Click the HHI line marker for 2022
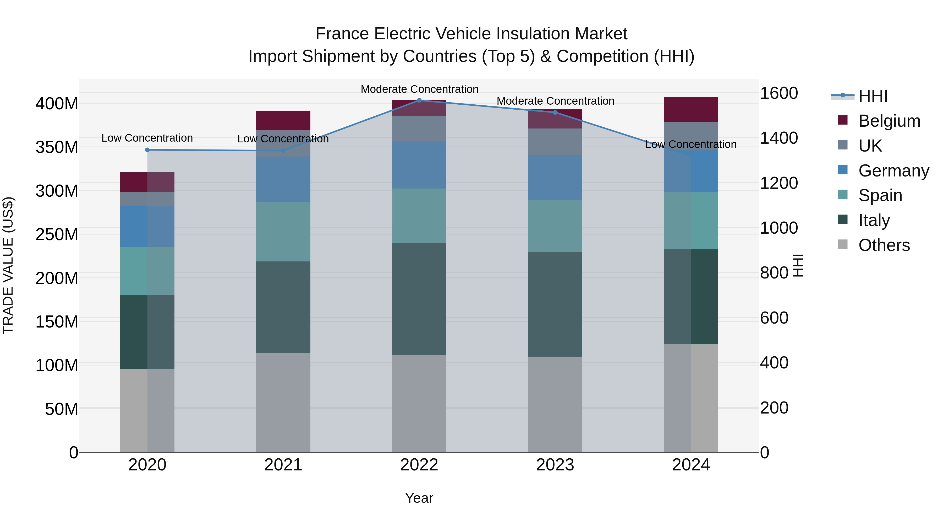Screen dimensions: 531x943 coord(419,100)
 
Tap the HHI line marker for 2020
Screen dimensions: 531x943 coord(147,150)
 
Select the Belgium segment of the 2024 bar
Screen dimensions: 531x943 coord(691,110)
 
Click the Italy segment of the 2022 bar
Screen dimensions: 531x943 coord(419,299)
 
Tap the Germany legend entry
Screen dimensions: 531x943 coord(893,171)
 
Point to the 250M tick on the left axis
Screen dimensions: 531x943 coord(57,234)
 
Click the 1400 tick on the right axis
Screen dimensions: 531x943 coord(779,138)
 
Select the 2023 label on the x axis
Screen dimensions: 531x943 coord(555,465)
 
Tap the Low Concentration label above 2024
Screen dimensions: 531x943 coord(690,144)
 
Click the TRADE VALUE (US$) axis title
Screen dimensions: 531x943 coord(8,265)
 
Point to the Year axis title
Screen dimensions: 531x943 coord(419,498)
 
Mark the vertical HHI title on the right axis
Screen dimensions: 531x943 coord(798,265)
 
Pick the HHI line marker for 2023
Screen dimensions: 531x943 coord(555,112)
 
